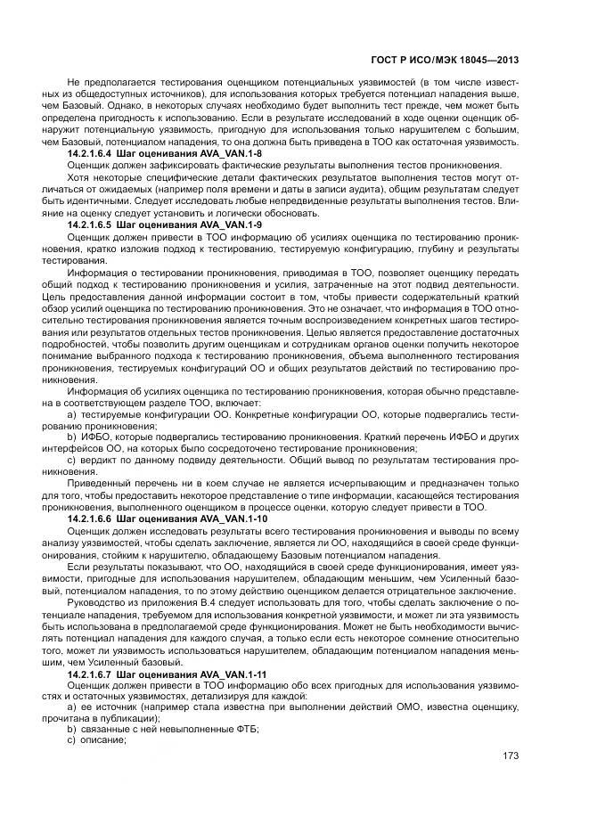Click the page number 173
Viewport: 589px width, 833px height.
[511, 755]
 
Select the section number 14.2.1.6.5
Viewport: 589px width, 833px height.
[96, 225]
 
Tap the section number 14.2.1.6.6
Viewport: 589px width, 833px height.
[96, 518]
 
